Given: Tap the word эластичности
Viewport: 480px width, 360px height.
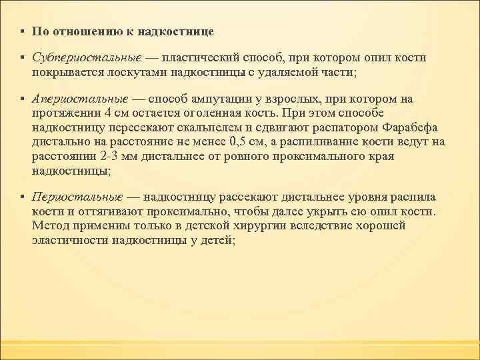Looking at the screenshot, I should click(x=70, y=240).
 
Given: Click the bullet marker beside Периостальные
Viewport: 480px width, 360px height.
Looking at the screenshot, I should click(x=22, y=198).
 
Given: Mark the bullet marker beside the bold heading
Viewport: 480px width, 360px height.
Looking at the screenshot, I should click(x=22, y=31).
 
